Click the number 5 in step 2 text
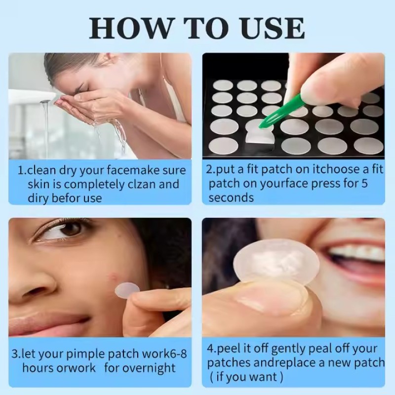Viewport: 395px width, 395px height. click(379, 184)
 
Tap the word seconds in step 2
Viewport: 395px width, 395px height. click(231, 197)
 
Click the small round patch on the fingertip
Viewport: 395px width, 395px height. click(127, 290)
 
